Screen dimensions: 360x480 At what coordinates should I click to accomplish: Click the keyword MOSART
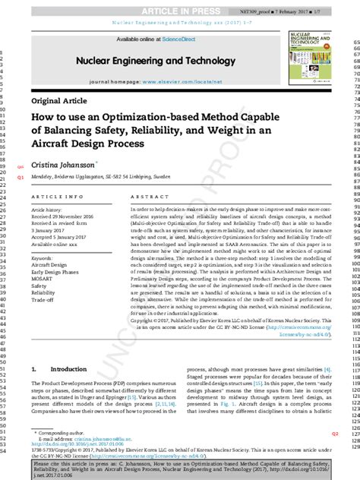coord(43,278)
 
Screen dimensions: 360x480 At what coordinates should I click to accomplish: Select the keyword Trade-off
coord(43,299)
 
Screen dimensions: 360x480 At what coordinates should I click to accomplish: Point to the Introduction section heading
coord(74,369)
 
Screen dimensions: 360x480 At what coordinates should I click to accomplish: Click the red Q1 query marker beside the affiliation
coord(21,175)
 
